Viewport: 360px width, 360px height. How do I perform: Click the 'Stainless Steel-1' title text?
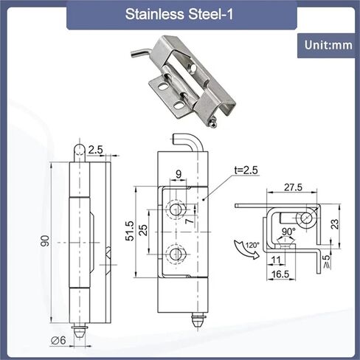[179, 14]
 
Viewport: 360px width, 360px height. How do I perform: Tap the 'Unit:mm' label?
[328, 45]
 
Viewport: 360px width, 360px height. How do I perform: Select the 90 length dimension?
[45, 240]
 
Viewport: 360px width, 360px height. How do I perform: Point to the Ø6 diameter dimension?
[58, 340]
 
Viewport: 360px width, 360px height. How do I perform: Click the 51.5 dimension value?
[130, 230]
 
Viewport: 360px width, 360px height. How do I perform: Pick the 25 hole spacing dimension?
[143, 230]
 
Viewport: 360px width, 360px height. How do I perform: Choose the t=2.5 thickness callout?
[246, 170]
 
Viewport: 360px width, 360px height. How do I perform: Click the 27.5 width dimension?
[293, 187]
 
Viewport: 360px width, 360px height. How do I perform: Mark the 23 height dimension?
[335, 224]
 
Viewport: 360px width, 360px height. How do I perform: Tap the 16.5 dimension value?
[280, 274]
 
